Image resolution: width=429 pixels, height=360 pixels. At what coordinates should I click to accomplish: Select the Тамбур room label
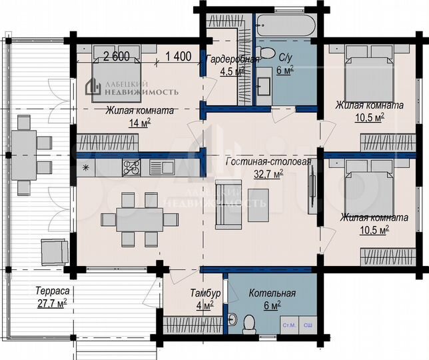pyautogui.click(x=201, y=293)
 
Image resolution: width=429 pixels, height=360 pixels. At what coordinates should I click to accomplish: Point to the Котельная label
pyautogui.click(x=272, y=293)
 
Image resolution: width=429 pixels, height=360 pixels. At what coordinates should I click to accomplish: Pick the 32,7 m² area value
pyautogui.click(x=268, y=174)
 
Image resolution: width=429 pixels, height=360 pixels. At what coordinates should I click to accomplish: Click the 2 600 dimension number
pyautogui.click(x=116, y=57)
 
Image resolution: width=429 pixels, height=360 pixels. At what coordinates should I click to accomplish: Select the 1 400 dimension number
pyautogui.click(x=179, y=57)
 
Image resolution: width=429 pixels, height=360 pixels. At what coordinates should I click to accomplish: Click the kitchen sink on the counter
pyautogui.click(x=161, y=167)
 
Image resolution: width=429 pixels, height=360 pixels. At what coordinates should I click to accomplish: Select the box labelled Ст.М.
pyautogui.click(x=289, y=324)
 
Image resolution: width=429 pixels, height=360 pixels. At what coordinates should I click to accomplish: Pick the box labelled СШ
pyautogui.click(x=308, y=324)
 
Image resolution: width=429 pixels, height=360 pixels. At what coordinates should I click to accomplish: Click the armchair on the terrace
pyautogui.click(x=54, y=251)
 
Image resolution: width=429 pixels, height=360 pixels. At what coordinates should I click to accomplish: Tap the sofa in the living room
pyautogui.click(x=225, y=196)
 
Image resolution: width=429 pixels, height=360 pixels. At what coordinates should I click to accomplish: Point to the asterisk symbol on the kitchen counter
pyautogui.click(x=85, y=167)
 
